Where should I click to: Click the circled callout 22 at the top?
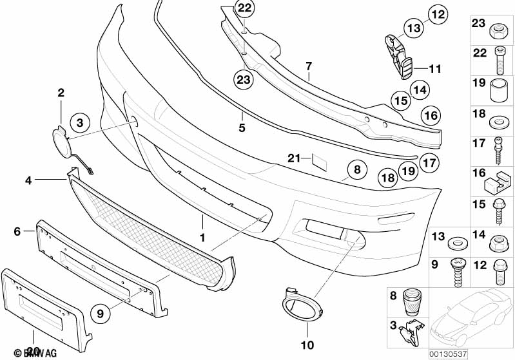click(x=244, y=8)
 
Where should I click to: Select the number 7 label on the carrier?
click(x=309, y=66)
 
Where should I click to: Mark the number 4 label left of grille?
click(x=28, y=181)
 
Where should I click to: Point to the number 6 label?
click(x=17, y=230)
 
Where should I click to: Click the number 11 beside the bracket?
click(x=435, y=68)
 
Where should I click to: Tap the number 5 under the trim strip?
click(x=242, y=128)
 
